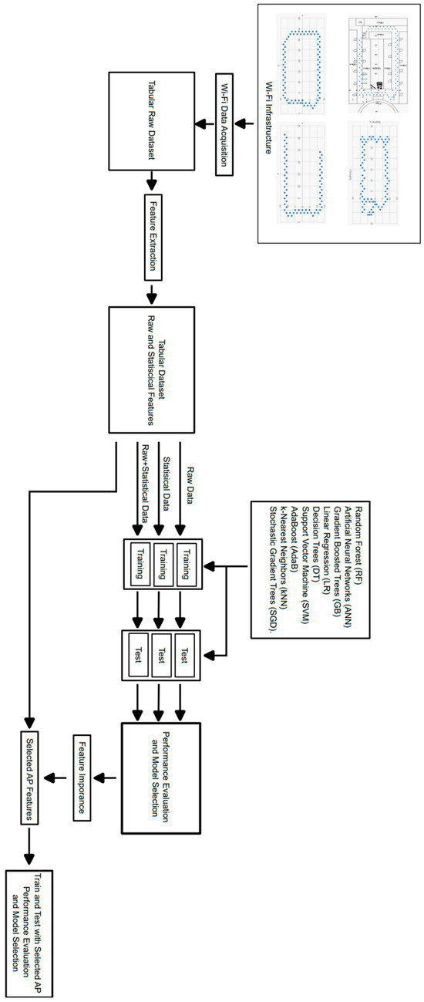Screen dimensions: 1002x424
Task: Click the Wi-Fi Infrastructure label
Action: (x=269, y=123)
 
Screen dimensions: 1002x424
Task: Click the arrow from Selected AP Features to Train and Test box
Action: (x=31, y=848)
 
